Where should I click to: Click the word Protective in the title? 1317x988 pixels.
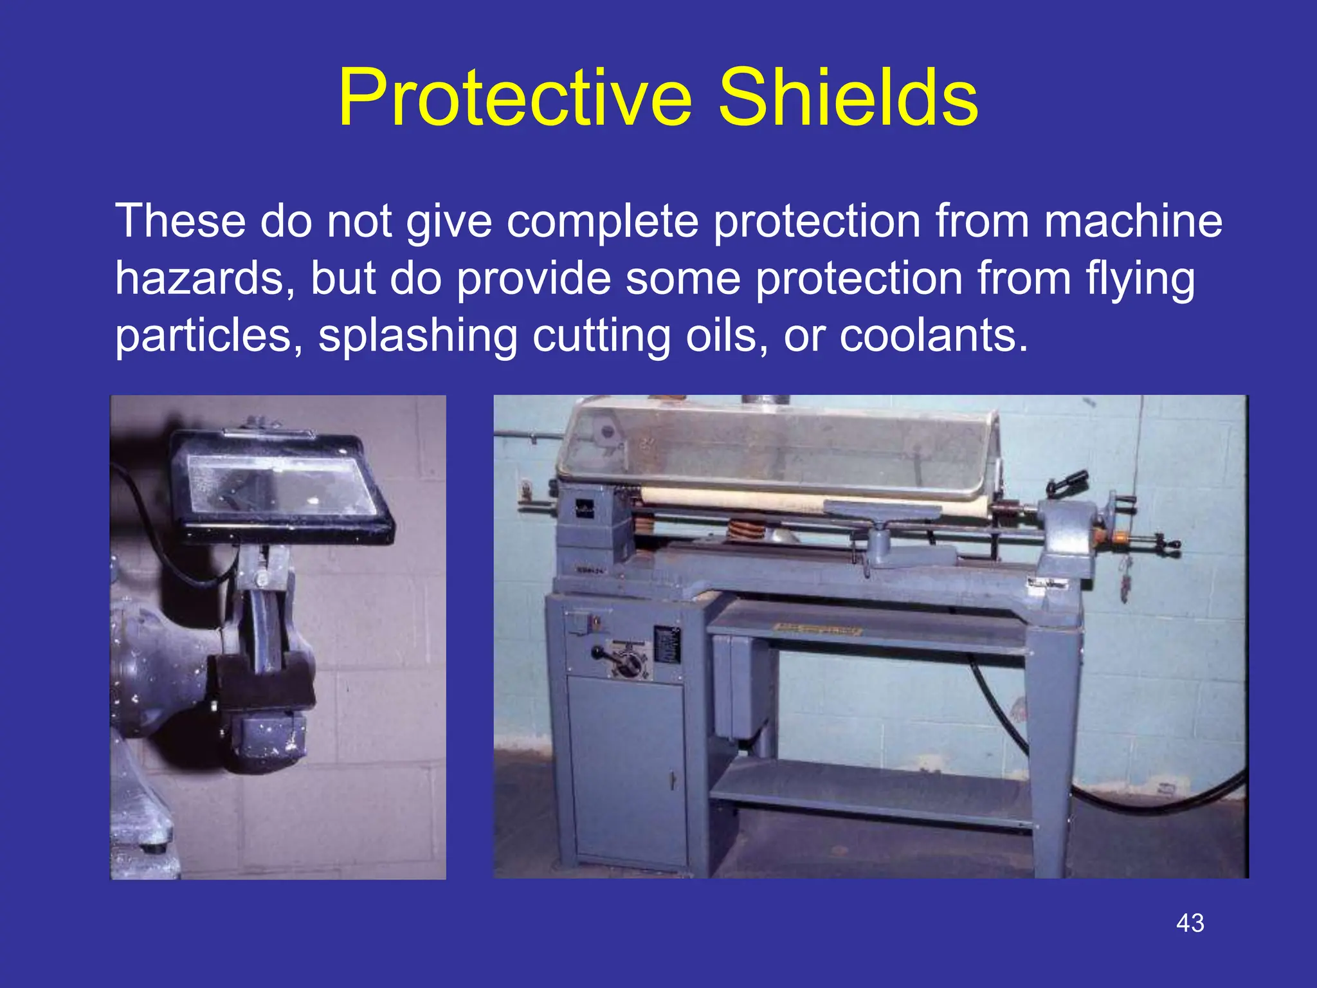(515, 98)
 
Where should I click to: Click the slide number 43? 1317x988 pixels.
(1190, 923)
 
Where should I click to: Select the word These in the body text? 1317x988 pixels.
(180, 221)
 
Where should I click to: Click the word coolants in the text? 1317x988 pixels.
(932, 336)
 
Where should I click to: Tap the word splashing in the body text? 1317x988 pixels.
(418, 336)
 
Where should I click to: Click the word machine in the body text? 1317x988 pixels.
(1132, 221)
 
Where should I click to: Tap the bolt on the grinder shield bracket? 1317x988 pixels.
(261, 579)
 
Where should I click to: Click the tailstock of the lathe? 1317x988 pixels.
(1067, 540)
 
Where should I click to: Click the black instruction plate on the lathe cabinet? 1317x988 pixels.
(667, 643)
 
